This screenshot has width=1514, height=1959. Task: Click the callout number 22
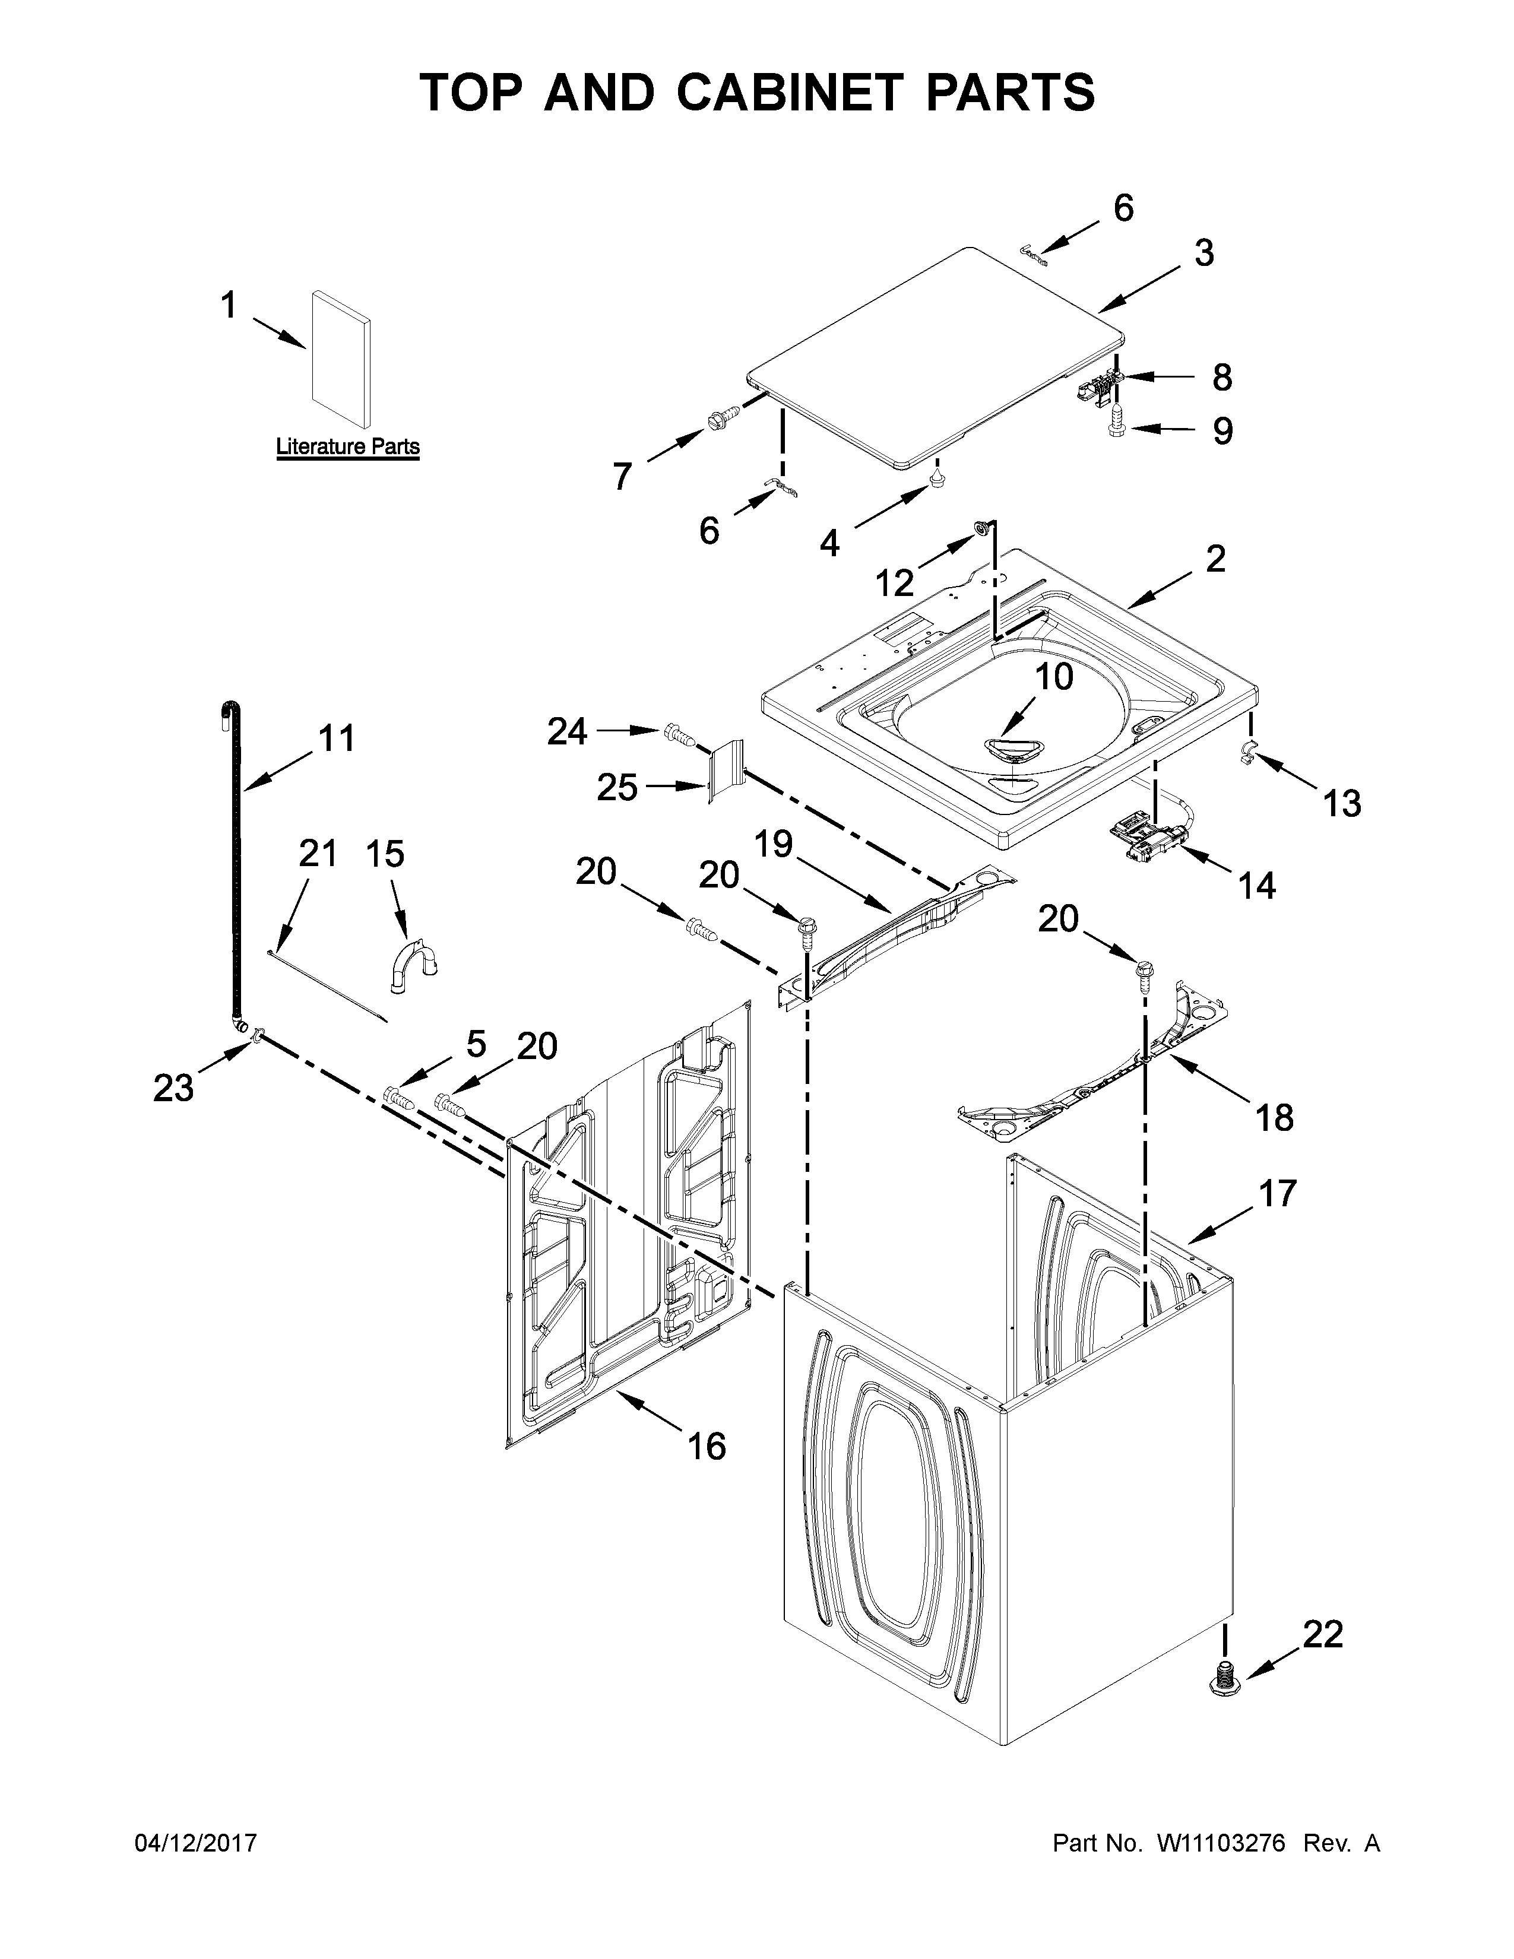[x=1322, y=1634]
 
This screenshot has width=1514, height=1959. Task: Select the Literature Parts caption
[x=347, y=446]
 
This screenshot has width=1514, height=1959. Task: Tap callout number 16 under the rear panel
[x=707, y=1446]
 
